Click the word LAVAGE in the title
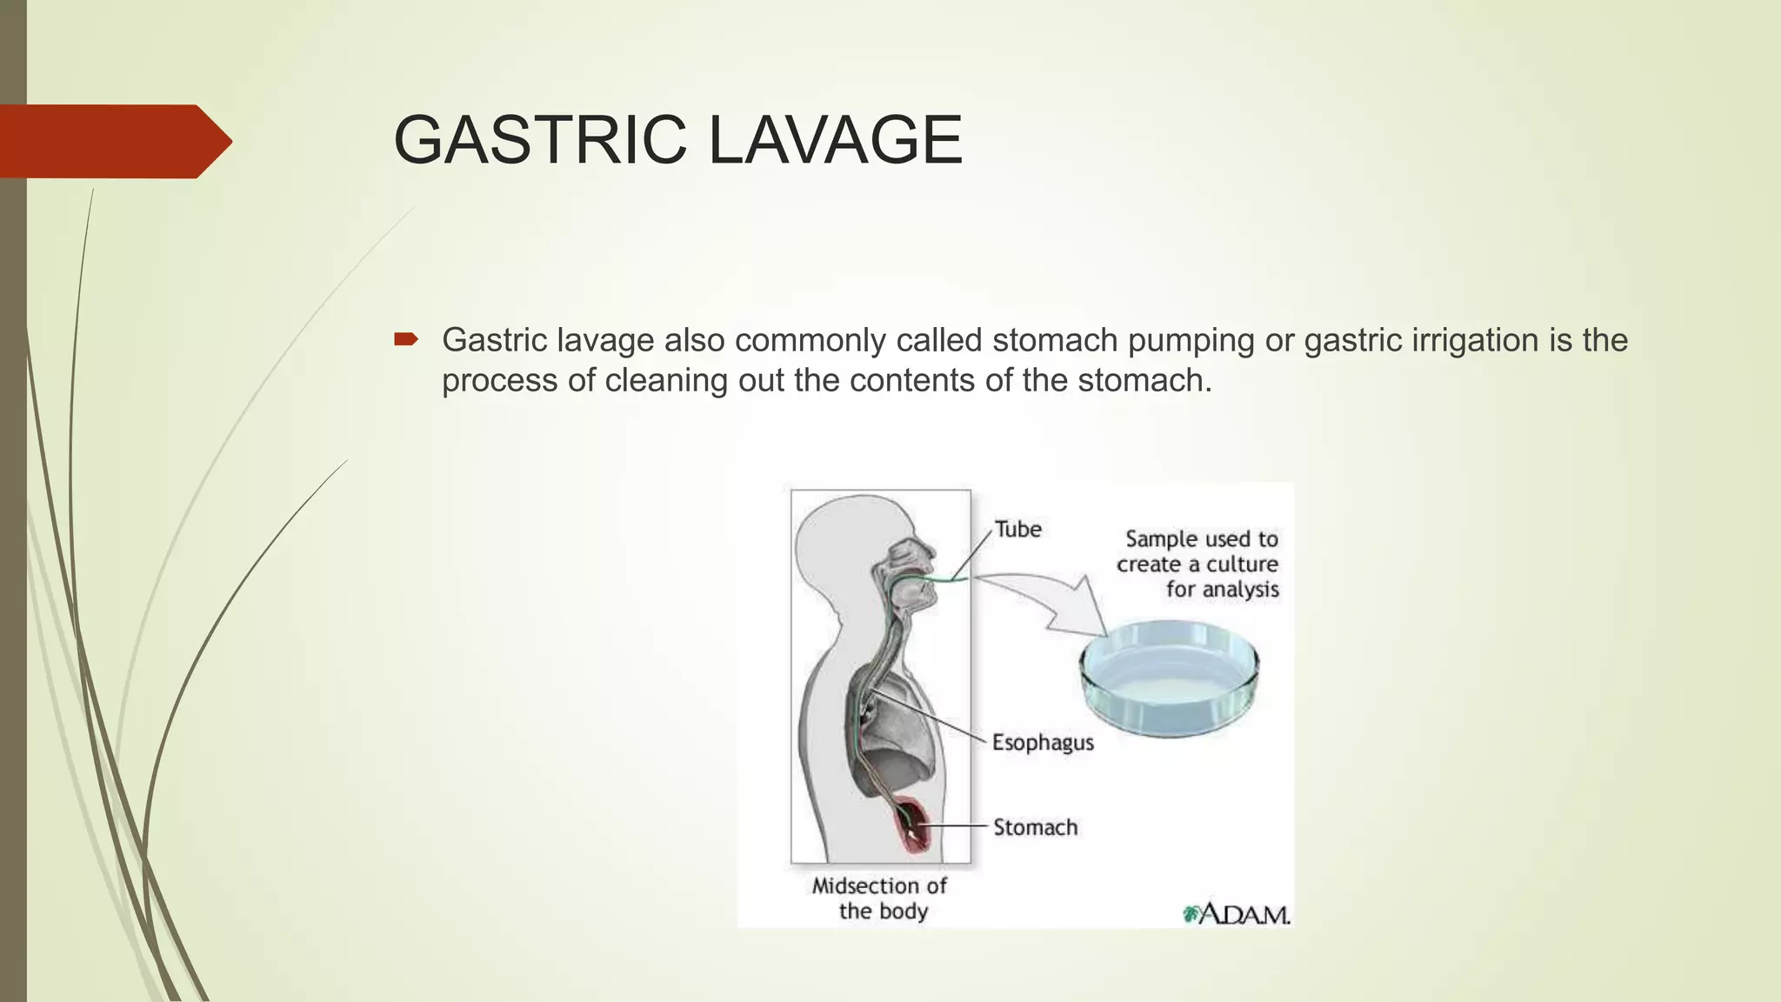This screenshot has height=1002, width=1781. tap(835, 140)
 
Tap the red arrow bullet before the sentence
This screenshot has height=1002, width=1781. tap(405, 339)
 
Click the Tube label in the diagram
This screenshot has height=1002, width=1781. tap(1017, 529)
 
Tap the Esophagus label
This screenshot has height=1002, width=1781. tap(1043, 743)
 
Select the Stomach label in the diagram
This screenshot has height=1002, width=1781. tap(1035, 827)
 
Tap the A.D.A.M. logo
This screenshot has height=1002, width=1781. tap(1237, 914)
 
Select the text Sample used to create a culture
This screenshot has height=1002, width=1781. tap(1198, 551)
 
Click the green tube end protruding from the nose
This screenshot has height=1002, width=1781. tap(957, 578)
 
